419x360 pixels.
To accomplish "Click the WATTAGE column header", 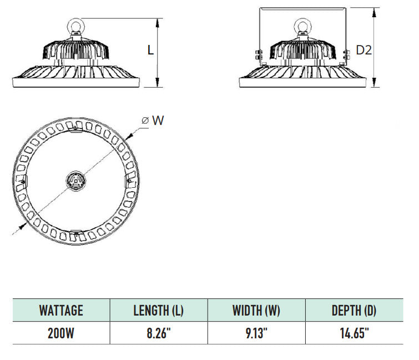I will coord(61,310).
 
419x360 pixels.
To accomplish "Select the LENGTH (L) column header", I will coord(158,310).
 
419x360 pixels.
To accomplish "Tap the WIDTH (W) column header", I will coord(256,310).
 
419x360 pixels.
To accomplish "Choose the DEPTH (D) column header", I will coord(354,310).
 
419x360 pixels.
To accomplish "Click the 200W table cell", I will coord(61,333).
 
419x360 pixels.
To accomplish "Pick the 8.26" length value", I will coord(158,333).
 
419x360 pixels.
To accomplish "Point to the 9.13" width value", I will coord(256,333).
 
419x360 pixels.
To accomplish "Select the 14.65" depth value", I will coord(354,333).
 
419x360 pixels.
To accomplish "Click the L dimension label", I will coord(150,50).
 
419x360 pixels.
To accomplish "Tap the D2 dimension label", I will coord(364,50).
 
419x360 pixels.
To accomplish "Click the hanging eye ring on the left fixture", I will coord(75,26).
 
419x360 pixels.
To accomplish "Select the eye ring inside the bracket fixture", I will coord(302,26).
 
